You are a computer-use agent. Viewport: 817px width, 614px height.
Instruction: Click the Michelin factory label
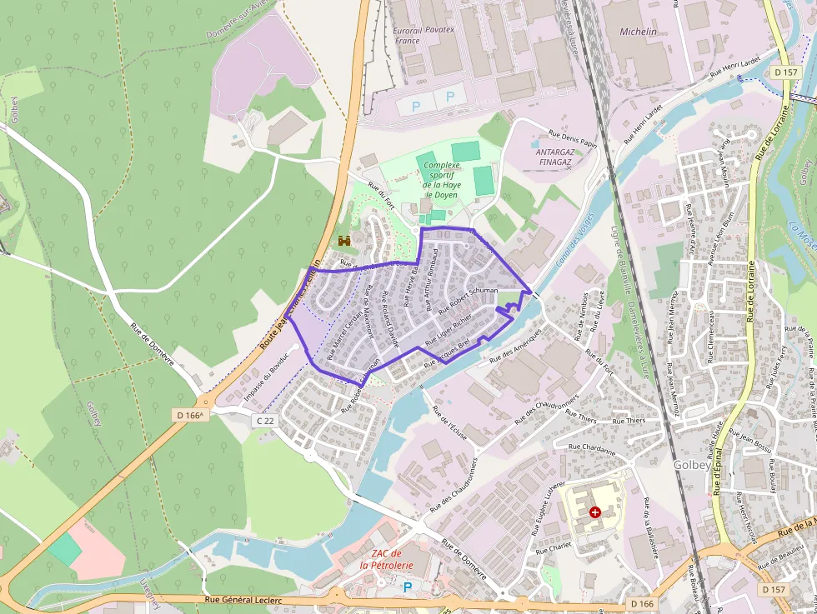[x=638, y=32]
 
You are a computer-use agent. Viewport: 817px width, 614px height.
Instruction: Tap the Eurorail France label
[x=407, y=35]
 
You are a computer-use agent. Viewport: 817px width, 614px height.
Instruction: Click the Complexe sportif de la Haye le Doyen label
[x=441, y=180]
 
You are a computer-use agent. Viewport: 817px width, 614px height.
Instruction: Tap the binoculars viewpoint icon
[x=344, y=241]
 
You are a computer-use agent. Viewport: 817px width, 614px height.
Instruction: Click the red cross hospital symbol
[x=594, y=512]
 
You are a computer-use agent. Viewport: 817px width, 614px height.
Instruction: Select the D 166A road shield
[x=190, y=414]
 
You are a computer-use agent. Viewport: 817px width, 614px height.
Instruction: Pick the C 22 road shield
[x=265, y=422]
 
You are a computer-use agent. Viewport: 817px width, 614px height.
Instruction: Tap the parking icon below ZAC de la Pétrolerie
[x=408, y=587]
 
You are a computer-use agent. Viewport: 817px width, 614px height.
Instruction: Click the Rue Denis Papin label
[x=573, y=137]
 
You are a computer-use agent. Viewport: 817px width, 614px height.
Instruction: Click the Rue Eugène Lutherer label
[x=543, y=507]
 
